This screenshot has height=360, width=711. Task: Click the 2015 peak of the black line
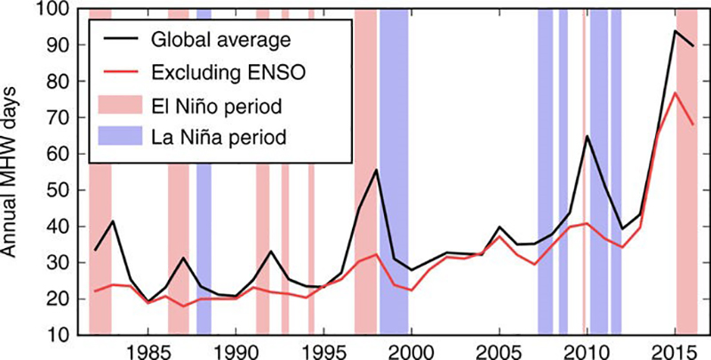pos(675,30)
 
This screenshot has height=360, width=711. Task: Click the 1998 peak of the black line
pos(377,170)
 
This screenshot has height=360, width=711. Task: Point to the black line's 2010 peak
pos(587,136)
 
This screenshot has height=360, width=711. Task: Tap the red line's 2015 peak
pos(675,92)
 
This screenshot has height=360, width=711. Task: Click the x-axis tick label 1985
pos(148,350)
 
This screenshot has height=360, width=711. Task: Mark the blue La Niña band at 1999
pos(394,222)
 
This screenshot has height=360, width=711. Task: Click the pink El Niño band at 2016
pos(687,222)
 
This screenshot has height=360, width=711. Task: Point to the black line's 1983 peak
pos(113,220)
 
